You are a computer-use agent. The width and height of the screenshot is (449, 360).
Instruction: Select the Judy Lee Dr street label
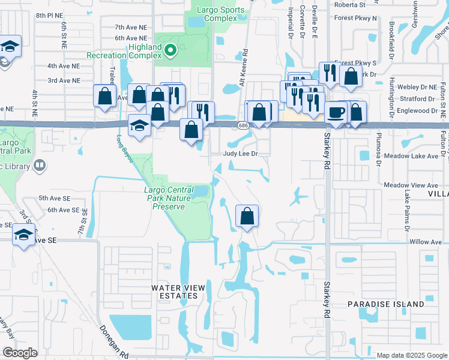pyautogui.click(x=240, y=154)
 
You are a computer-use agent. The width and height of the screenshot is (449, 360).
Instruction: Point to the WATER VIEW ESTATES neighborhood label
pyautogui.click(x=178, y=292)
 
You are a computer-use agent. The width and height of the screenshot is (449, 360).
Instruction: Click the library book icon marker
pyautogui.click(x=39, y=164)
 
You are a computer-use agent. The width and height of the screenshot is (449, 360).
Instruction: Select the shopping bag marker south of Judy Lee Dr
pyautogui.click(x=247, y=215)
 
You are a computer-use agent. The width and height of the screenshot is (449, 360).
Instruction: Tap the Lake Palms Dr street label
pyautogui.click(x=406, y=212)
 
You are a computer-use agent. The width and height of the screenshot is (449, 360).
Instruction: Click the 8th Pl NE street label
pyautogui.click(x=49, y=13)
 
